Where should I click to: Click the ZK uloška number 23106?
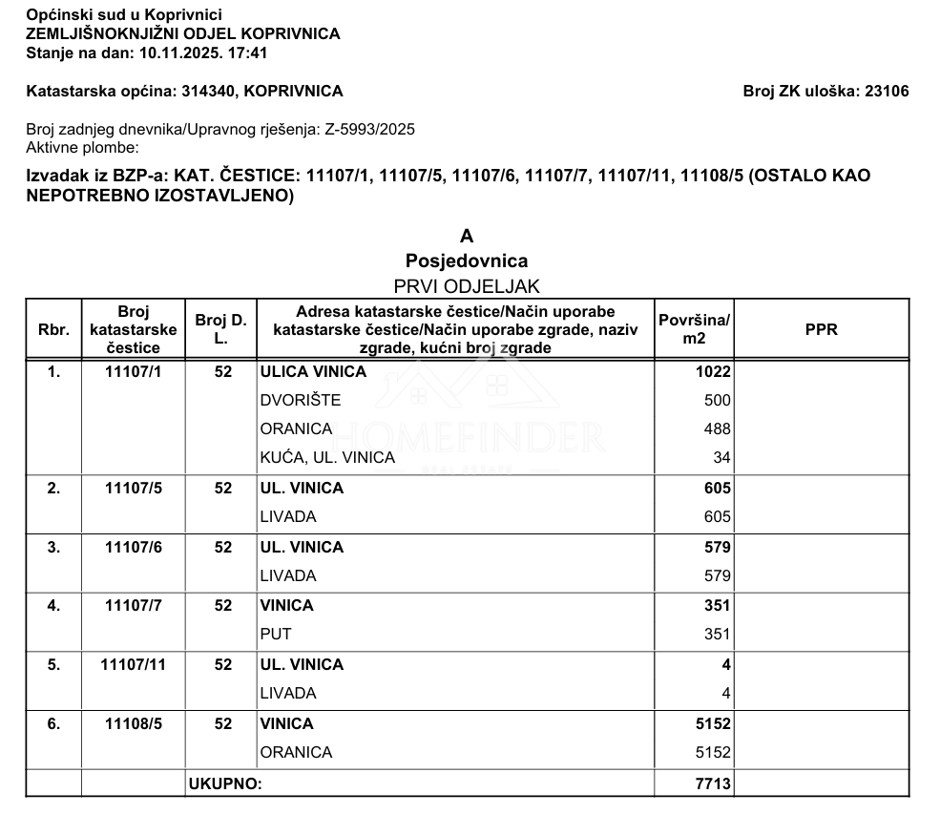[886, 92]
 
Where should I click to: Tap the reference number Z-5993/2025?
[369, 129]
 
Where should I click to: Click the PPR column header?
[821, 329]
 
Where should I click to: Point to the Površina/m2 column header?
[694, 329]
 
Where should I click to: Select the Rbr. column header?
[53, 329]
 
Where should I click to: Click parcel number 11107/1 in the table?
[134, 372]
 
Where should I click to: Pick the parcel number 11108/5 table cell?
[134, 724]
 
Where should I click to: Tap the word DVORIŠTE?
[301, 401]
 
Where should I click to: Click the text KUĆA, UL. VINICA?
[327, 458]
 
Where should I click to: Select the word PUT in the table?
[276, 634]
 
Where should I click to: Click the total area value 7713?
[713, 784]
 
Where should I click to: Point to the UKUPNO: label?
[225, 784]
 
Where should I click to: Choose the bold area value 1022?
[713, 372]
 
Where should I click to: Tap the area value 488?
[717, 429]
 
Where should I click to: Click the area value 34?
[721, 458]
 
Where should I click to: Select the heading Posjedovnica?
[467, 261]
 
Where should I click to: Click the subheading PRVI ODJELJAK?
[467, 286]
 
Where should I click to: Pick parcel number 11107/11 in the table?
[134, 664]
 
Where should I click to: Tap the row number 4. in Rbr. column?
[53, 605]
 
